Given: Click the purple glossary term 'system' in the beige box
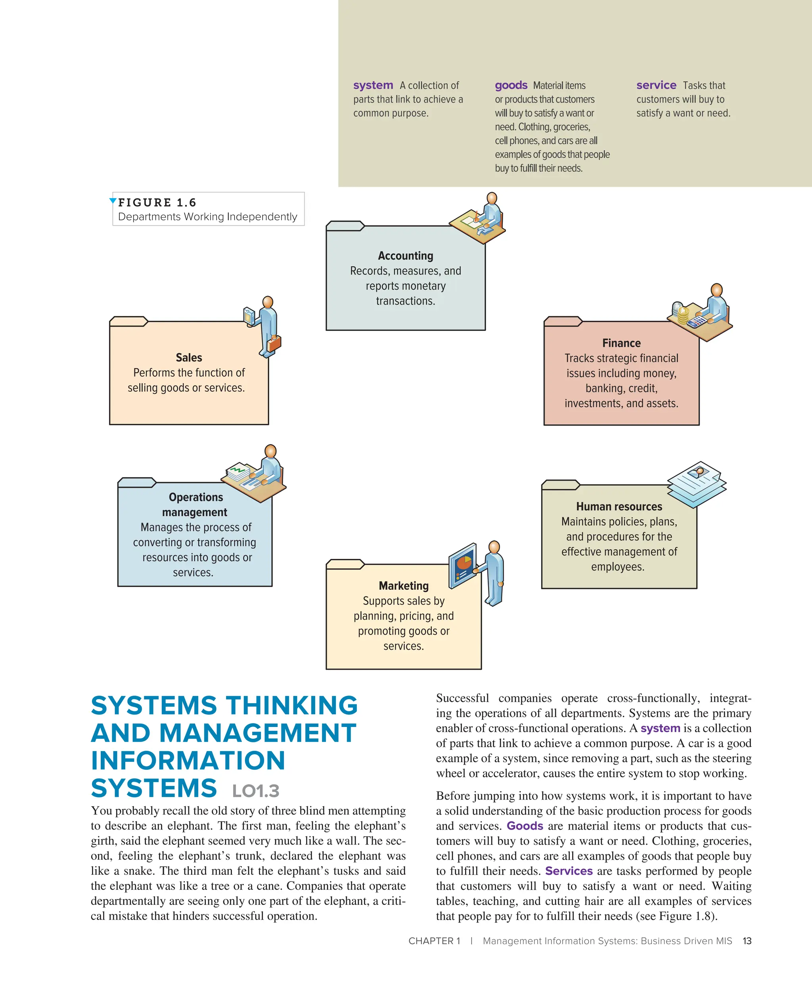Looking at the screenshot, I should tap(373, 86).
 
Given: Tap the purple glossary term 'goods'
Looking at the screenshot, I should tap(511, 86).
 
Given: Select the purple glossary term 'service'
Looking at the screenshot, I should tap(656, 86).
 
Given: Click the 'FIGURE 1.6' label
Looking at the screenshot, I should tap(157, 203).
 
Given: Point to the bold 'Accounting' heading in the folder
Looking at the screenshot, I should tap(406, 256).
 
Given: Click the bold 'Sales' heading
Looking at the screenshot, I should tap(189, 358).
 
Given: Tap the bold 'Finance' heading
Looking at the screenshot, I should tap(621, 343).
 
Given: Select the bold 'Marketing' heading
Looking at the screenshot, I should tap(404, 586).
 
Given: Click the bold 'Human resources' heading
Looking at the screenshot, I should tap(619, 507).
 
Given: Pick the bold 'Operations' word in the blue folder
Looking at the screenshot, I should tap(196, 497).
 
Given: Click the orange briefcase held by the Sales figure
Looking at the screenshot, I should tap(274, 343).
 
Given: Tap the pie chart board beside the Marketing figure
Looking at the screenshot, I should tap(463, 564).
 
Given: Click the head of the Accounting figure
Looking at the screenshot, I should tap(492, 198).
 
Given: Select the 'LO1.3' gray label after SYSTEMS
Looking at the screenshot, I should tap(256, 791).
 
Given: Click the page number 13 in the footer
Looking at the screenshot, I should tap(747, 941).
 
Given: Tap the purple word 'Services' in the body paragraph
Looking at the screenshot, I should tap(569, 871).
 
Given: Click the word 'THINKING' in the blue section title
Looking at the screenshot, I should tap(292, 706).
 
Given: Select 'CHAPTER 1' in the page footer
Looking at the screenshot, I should tap(434, 941).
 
